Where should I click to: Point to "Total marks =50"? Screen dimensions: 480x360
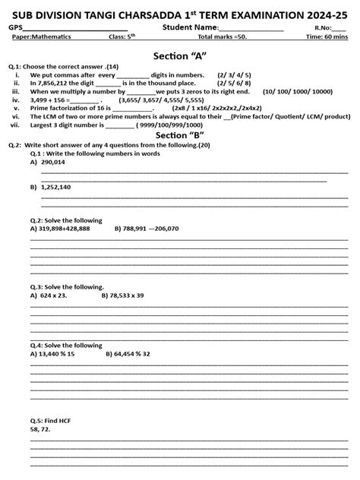click(x=224, y=36)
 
